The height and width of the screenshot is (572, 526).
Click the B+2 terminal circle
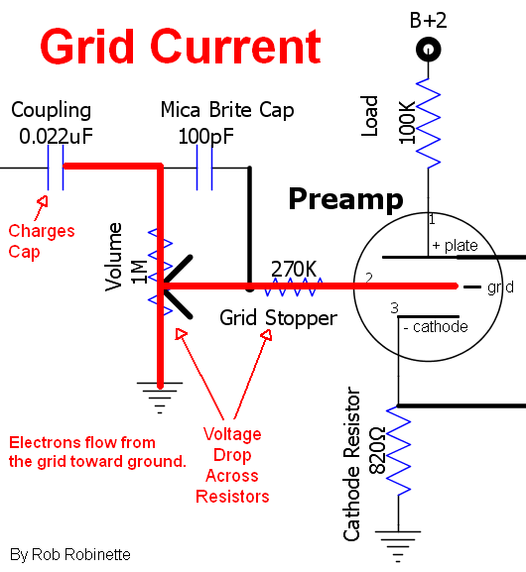pyautogui.click(x=429, y=50)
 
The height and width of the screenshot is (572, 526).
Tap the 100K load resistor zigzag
pyautogui.click(x=428, y=123)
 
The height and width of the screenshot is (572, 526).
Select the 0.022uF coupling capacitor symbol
pyautogui.click(x=56, y=168)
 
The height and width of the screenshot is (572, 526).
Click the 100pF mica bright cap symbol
pyautogui.click(x=204, y=168)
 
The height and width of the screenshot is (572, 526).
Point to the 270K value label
pyautogui.click(x=294, y=270)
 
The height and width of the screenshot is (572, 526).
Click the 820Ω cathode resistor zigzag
pyautogui.click(x=399, y=451)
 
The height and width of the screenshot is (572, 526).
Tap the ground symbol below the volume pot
pyautogui.click(x=160, y=398)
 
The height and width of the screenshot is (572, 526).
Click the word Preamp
pyautogui.click(x=345, y=199)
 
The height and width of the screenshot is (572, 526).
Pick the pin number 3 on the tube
pyautogui.click(x=395, y=308)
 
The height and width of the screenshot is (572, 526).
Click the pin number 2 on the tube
pyautogui.click(x=369, y=278)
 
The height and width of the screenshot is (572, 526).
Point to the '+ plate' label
pyautogui.click(x=455, y=246)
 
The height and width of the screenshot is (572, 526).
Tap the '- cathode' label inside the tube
pyautogui.click(x=436, y=327)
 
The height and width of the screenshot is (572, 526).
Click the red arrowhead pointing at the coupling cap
pyautogui.click(x=43, y=201)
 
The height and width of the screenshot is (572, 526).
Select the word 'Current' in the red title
pyautogui.click(x=235, y=47)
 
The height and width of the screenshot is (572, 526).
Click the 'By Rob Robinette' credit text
pyautogui.click(x=70, y=555)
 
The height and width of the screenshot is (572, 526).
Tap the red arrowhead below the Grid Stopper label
pyautogui.click(x=267, y=335)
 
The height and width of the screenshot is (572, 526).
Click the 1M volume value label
pyautogui.click(x=139, y=273)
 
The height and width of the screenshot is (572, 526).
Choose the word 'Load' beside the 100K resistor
pyautogui.click(x=369, y=116)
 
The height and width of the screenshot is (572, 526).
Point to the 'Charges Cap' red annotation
pyautogui.click(x=42, y=242)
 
